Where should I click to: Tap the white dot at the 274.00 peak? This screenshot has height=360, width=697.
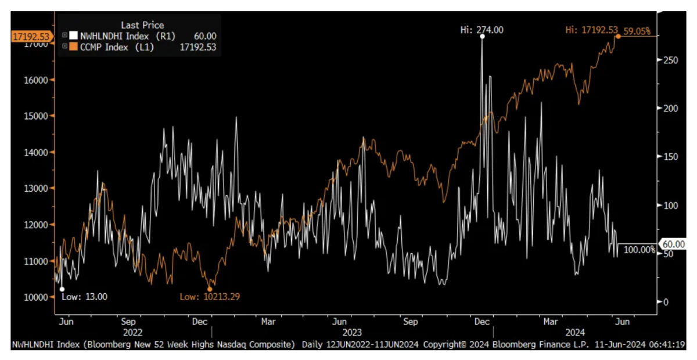click(x=482, y=37)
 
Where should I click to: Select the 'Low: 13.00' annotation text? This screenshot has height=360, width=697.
click(x=84, y=297)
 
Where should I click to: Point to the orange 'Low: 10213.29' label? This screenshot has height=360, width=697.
click(x=209, y=297)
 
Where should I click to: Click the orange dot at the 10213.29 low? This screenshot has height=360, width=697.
click(x=210, y=289)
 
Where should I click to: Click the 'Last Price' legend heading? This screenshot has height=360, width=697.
click(x=142, y=24)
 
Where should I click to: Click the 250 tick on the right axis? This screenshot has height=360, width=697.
click(x=669, y=60)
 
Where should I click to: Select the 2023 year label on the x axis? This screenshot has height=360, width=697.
click(x=353, y=333)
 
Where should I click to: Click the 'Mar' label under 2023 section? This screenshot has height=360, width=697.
click(x=268, y=321)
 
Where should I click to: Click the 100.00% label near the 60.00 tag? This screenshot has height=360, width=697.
click(x=639, y=250)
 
